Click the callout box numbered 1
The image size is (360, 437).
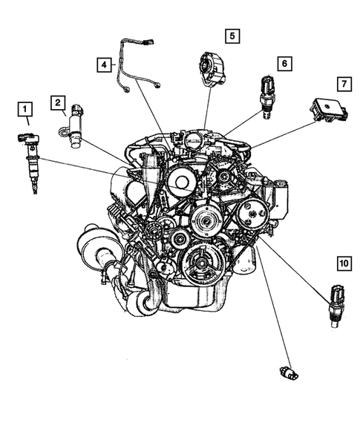click(x=26, y=113)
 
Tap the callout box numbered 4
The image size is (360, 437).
click(x=105, y=65)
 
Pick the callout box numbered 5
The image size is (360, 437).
click(x=232, y=35)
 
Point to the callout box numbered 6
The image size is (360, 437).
click(x=284, y=64)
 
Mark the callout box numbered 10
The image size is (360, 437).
click(x=342, y=263)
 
